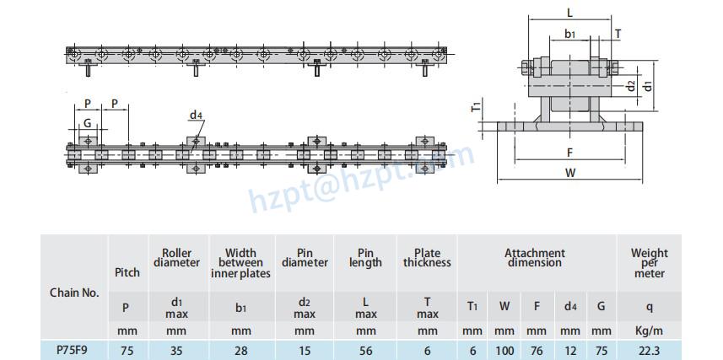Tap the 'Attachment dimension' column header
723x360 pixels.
coord(535,257)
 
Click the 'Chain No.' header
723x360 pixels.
coord(74,293)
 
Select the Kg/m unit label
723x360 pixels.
coord(649,330)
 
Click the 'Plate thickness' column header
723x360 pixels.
coord(427,257)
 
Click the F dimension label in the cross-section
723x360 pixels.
coord(569,153)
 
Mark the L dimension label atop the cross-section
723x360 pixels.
coord(570,13)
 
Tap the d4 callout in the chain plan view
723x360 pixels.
coord(195,115)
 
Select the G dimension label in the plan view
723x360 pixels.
coord(87,123)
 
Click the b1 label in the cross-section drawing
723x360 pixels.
coord(569,35)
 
